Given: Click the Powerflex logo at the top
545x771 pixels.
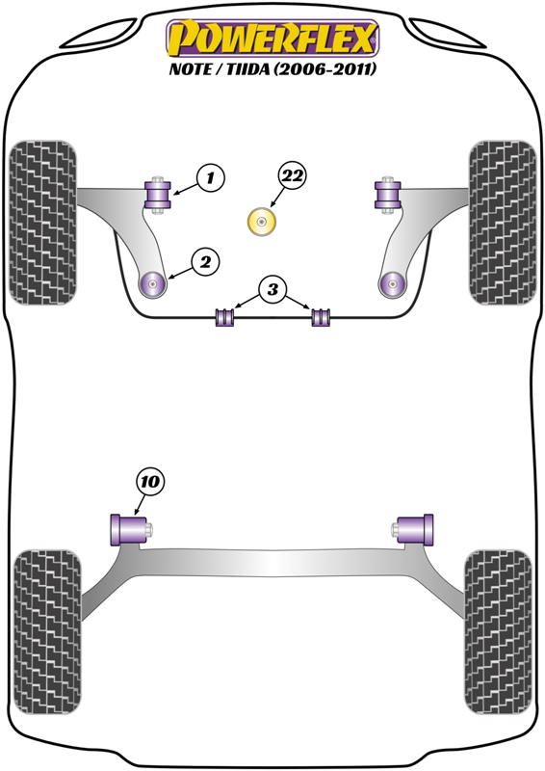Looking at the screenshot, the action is [x=272, y=39].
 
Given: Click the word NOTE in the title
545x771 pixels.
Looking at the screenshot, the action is [x=190, y=68].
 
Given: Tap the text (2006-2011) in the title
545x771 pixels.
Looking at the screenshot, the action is [x=324, y=68].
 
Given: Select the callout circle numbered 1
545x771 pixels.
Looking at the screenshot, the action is [x=210, y=177].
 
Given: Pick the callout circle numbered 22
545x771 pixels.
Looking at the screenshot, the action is [x=292, y=175].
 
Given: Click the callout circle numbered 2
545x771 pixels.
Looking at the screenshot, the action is [x=205, y=262].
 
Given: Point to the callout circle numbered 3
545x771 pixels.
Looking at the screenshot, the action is [x=272, y=289].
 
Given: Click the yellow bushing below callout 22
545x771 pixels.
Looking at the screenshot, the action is [x=262, y=223].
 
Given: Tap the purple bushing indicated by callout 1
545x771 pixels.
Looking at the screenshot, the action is [x=157, y=195].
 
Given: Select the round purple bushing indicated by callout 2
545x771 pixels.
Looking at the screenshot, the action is [x=153, y=283].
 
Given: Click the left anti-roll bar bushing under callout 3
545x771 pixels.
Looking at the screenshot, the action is [x=224, y=316].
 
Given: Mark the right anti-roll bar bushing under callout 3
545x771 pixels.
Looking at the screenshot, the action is [x=322, y=316].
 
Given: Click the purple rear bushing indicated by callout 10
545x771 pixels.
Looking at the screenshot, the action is [x=129, y=529].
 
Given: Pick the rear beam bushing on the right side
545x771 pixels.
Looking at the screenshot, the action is [x=415, y=529].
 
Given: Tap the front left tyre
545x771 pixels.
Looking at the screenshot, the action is [x=43, y=223].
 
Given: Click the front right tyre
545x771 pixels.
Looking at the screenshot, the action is [x=503, y=223].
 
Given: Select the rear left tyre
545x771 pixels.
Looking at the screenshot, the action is [x=47, y=632].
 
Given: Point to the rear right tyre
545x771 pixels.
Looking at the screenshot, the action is [x=499, y=632].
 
